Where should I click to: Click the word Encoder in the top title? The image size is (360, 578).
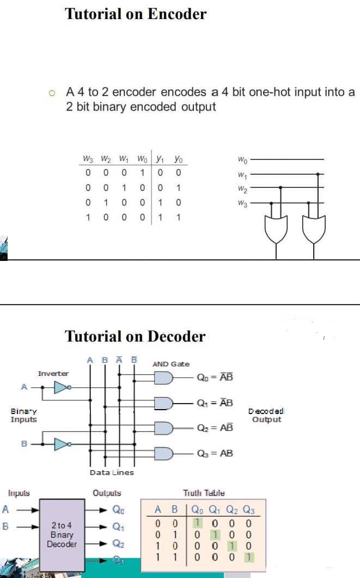tap(173, 14)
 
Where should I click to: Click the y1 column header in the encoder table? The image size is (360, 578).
tap(160, 160)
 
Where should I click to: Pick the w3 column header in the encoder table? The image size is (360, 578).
tap(88, 160)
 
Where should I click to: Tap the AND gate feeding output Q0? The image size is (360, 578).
tap(164, 378)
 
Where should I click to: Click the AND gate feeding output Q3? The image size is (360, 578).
tap(164, 453)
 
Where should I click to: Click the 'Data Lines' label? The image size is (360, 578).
tap(112, 472)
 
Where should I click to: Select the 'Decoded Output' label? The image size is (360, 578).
tap(266, 415)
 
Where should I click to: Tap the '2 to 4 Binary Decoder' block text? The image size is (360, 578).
tap(62, 534)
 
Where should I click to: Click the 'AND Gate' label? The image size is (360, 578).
tap(171, 364)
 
